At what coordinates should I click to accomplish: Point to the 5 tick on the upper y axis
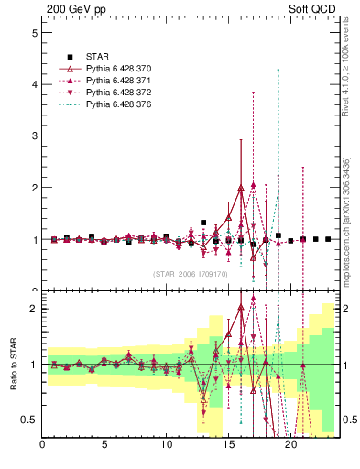[34, 32]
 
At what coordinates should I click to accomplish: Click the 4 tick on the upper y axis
[34, 84]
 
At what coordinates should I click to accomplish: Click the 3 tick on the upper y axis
[34, 136]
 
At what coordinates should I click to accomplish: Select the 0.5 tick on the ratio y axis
[28, 420]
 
